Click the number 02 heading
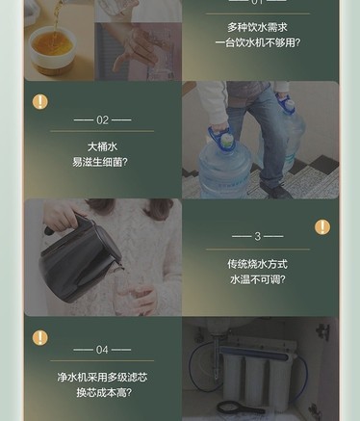(102, 120)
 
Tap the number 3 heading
(257, 236)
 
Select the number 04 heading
(102, 350)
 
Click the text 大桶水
(102, 146)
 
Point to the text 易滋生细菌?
(100, 162)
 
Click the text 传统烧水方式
(257, 264)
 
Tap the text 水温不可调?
(257, 279)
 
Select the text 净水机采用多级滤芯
(102, 377)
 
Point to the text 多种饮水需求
(257, 27)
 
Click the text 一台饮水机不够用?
(258, 42)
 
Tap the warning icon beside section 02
(40, 102)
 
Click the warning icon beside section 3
(322, 227)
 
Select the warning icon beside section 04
(40, 338)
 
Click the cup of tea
(53, 48)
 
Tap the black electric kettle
(79, 257)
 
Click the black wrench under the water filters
(239, 408)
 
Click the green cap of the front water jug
(226, 139)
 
